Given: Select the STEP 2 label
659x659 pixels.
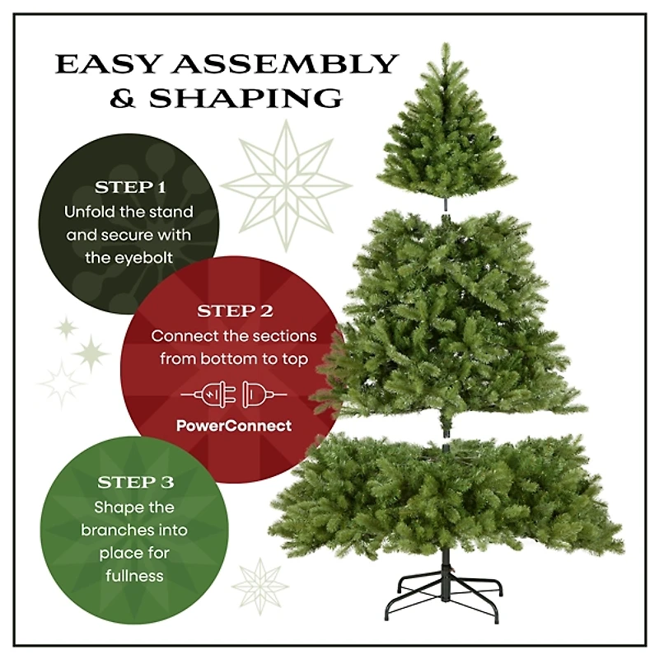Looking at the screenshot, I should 235,312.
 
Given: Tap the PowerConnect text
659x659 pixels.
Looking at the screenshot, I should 234,426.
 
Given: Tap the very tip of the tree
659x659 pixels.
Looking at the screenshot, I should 445,46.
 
